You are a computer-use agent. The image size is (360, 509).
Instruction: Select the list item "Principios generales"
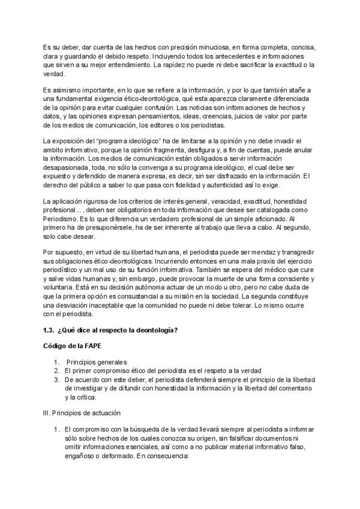tap(97, 363)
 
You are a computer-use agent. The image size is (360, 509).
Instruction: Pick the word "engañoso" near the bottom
tap(79, 456)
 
